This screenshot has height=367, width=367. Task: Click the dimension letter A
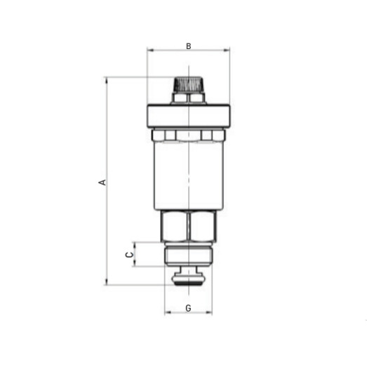(102, 182)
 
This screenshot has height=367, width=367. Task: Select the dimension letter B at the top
(188, 46)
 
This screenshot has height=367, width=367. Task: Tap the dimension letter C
(128, 254)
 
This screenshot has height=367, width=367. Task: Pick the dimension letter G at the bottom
(188, 308)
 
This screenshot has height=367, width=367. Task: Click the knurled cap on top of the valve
(188, 84)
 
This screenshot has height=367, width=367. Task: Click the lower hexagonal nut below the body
(188, 227)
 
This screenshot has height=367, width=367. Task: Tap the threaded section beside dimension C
(188, 254)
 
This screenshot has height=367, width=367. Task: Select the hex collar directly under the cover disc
(188, 135)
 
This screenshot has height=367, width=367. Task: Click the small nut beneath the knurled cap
(188, 98)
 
